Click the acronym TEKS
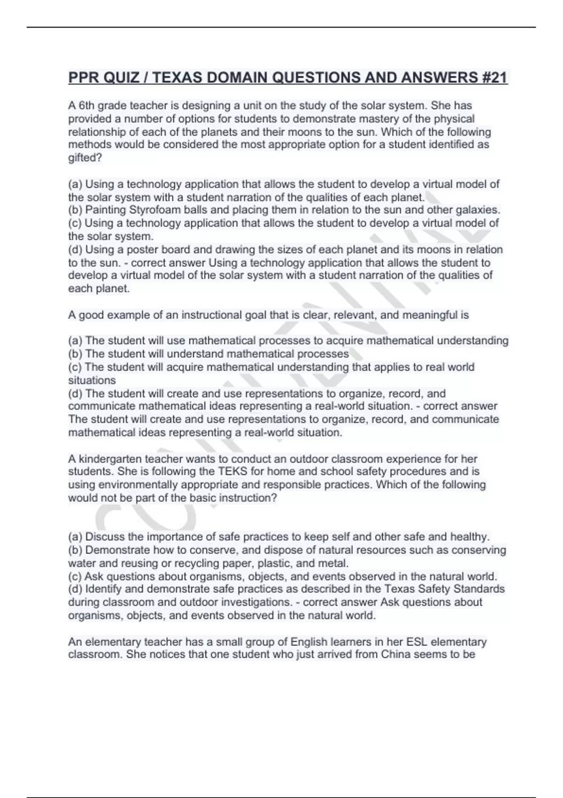pyautogui.click(x=233, y=472)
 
